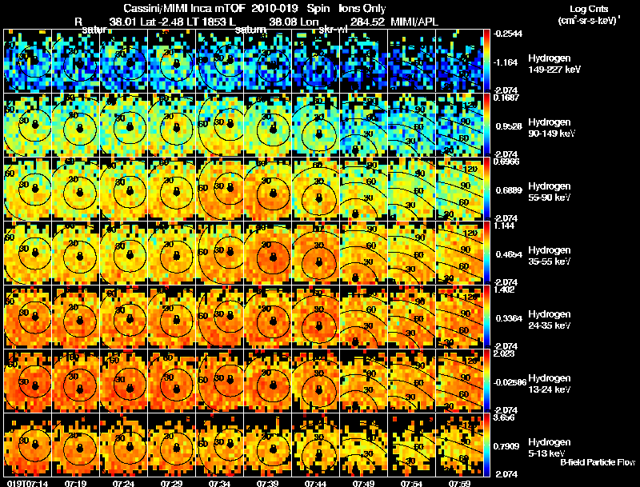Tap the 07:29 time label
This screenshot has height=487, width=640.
click(170, 482)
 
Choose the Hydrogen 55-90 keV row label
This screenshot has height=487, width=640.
click(550, 192)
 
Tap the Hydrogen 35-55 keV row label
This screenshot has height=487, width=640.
click(550, 256)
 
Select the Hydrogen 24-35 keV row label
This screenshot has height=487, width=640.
click(550, 320)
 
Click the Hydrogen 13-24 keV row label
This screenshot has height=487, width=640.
click(550, 383)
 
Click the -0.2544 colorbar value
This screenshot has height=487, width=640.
click(508, 34)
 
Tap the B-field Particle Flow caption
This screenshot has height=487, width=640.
click(598, 462)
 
